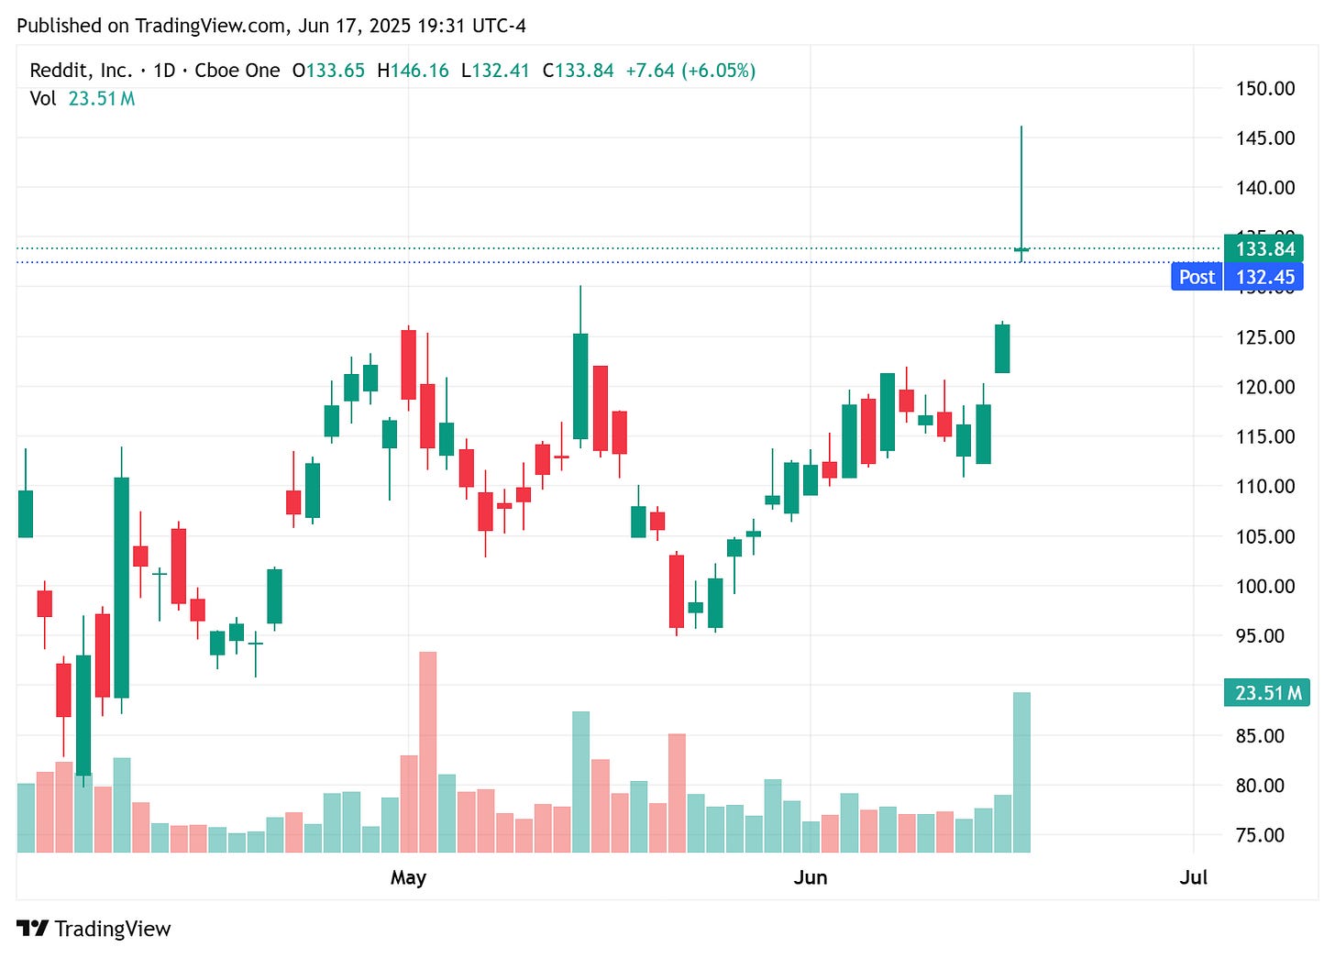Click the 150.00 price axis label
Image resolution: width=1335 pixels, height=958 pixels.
(1264, 89)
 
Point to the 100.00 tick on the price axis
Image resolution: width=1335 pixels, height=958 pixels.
(1264, 586)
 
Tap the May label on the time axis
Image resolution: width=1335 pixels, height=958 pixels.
(408, 877)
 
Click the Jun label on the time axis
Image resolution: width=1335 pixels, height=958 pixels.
(810, 877)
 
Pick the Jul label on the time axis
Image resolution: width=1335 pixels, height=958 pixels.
(1193, 877)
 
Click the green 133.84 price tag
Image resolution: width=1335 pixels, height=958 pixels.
(1264, 249)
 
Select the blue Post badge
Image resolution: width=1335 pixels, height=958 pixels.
(1197, 277)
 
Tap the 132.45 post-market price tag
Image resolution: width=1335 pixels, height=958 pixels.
(1264, 277)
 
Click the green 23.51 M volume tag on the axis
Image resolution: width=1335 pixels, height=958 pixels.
(1267, 693)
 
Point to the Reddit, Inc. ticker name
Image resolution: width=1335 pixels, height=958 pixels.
(81, 71)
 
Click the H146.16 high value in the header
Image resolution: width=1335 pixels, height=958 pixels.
(413, 71)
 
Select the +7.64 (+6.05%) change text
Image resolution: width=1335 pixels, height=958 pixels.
(690, 71)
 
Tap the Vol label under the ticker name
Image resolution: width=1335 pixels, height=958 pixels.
(42, 98)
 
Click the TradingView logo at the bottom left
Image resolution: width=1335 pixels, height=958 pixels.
(94, 929)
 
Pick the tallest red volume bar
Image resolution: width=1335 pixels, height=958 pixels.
(427, 752)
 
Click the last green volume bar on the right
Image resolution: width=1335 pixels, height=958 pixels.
(1021, 772)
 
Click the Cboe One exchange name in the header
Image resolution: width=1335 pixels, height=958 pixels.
(237, 71)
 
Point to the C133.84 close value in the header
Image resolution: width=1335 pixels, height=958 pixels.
(578, 71)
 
